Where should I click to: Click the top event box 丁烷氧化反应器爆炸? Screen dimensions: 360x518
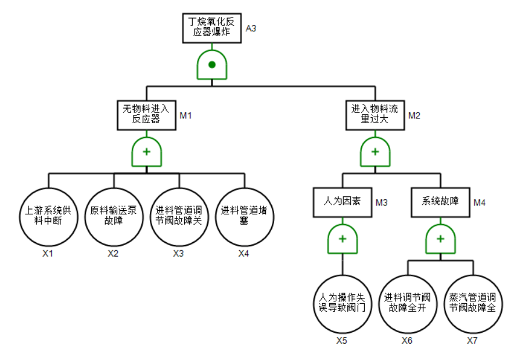pos(211,27)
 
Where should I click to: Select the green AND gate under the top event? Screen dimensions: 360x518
pos(212,65)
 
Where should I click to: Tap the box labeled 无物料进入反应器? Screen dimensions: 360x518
pos(146,114)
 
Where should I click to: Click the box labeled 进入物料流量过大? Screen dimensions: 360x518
pos(375,114)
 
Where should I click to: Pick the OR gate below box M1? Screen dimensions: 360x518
pos(146,152)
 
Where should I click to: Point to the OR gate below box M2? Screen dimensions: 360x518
pos(375,152)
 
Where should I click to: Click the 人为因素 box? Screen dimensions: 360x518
pos(342,201)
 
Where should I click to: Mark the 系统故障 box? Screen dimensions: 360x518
pos(440,201)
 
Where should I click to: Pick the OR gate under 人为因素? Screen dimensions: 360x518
pos(343,239)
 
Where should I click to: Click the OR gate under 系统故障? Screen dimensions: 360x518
pos(441,239)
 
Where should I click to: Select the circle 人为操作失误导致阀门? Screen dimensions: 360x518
pos(342,303)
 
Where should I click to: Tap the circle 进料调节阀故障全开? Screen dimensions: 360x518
pos(408,303)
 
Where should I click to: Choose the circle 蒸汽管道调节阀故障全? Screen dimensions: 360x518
pos(473,303)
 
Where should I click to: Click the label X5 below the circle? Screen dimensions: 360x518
pos(342,340)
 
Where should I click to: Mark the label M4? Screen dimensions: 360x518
pos(480,203)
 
